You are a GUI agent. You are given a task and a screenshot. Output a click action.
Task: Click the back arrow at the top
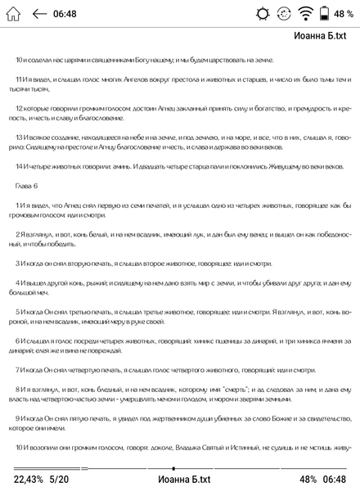click(x=39, y=14)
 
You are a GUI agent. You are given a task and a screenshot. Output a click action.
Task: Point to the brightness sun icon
click(x=262, y=14)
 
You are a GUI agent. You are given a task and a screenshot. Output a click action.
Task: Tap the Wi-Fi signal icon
click(x=305, y=14)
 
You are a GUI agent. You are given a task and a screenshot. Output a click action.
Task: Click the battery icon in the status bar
click(x=325, y=14)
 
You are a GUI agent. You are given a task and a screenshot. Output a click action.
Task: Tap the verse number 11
click(x=20, y=79)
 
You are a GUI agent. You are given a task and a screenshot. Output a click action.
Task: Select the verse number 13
click(x=20, y=138)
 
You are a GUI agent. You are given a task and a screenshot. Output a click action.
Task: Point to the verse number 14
click(x=20, y=167)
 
